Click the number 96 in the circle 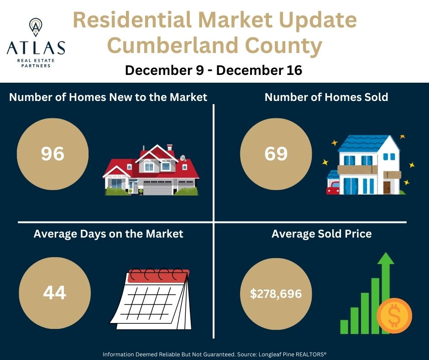[x=52, y=154]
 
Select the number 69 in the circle [x=276, y=154]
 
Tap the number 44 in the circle [x=54, y=292]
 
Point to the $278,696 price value [x=276, y=293]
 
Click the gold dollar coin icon [x=394, y=316]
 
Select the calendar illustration [x=151, y=299]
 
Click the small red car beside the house [x=333, y=188]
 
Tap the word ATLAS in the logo [x=36, y=48]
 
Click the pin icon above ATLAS [x=36, y=27]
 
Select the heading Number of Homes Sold [x=326, y=97]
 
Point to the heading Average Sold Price [x=321, y=234]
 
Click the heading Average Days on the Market [x=108, y=234]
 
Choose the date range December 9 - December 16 [x=214, y=71]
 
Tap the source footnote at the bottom [x=214, y=354]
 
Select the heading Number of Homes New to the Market [x=108, y=97]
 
